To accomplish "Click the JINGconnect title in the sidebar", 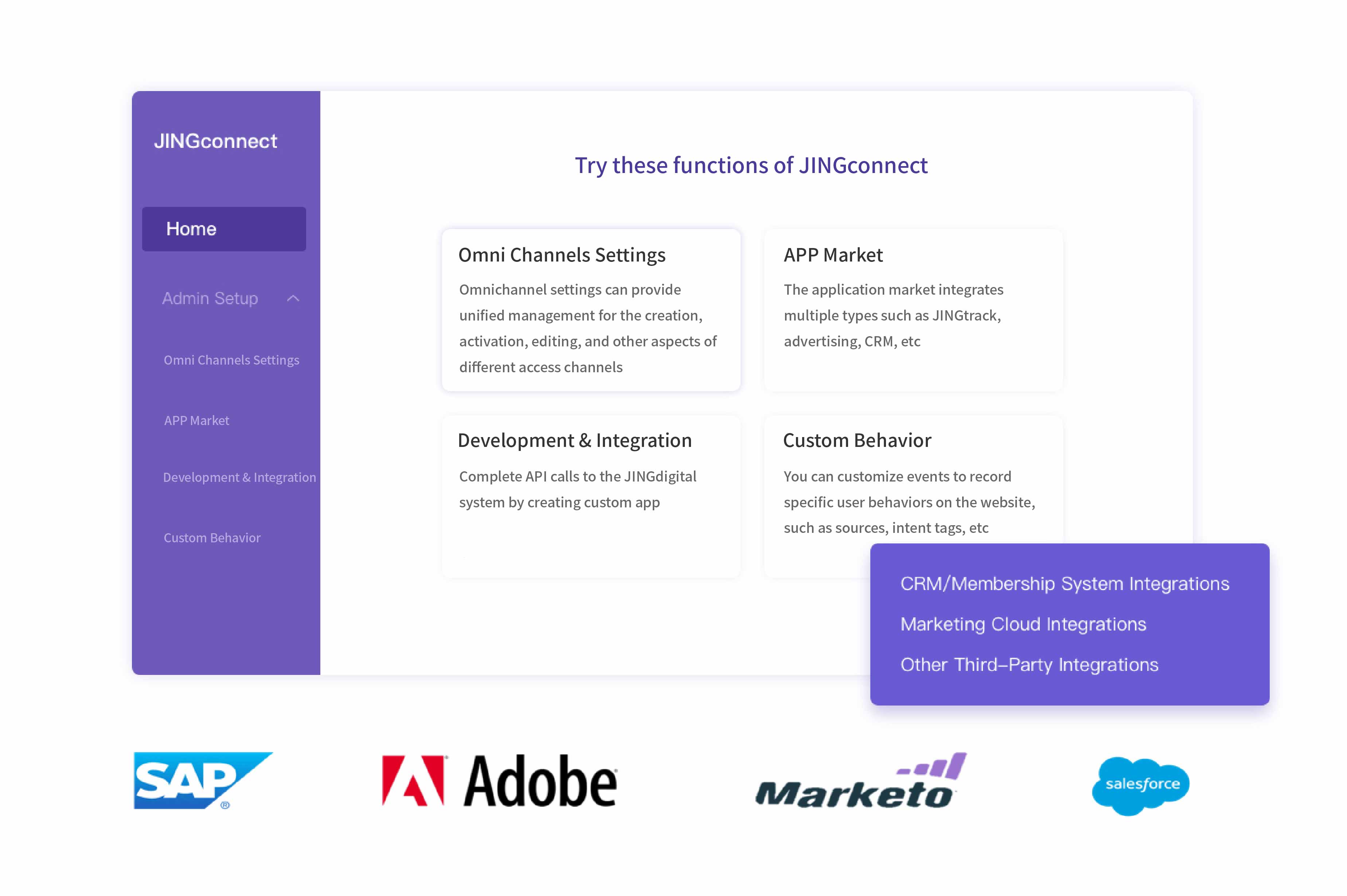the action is coord(215,141).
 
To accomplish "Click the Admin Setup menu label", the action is coord(210,298).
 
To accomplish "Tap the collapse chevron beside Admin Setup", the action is coord(293,298).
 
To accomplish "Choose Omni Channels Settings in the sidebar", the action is coord(231,360).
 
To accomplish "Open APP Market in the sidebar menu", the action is coord(197,421).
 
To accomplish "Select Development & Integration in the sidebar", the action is coord(239,477).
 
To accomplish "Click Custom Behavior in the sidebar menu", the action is coord(212,538).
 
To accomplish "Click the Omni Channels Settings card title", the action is coord(562,255).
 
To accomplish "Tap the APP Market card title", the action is coord(833,255).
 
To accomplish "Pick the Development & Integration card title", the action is coord(575,441).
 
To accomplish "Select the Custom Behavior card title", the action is coord(857,441).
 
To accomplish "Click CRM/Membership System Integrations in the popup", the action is coord(1065,583).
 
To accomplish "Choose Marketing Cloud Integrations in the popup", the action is coord(1023,624).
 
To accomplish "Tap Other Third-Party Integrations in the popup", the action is coord(1029,665).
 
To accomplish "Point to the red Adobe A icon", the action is coord(413,781).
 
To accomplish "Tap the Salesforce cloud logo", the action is coord(1141,786).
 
